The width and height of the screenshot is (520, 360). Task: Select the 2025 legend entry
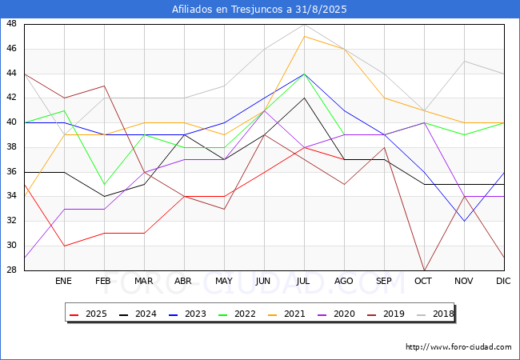pyautogui.click(x=89, y=314)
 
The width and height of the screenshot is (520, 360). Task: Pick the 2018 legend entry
pyautogui.click(x=435, y=314)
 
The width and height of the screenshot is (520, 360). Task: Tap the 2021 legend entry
pyautogui.click(x=287, y=314)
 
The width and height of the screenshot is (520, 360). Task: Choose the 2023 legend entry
pyautogui.click(x=188, y=314)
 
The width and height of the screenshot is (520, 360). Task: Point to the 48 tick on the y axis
pyautogui.click(x=11, y=24)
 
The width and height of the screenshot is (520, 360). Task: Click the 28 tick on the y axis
pyautogui.click(x=11, y=270)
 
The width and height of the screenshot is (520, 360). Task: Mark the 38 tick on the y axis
pyautogui.click(x=11, y=147)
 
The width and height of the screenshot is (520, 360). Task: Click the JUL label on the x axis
pyautogui.click(x=303, y=281)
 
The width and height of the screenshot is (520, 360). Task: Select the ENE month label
pyautogui.click(x=63, y=281)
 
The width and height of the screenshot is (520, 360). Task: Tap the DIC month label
pyautogui.click(x=503, y=281)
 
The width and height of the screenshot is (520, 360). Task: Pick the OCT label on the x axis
pyautogui.click(x=423, y=281)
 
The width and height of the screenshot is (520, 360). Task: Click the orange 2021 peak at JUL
pyautogui.click(x=305, y=37)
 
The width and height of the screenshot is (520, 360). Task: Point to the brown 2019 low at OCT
pyautogui.click(x=425, y=270)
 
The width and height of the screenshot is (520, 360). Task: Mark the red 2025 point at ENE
pyautogui.click(x=64, y=246)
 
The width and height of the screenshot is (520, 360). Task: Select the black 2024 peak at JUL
pyautogui.click(x=305, y=98)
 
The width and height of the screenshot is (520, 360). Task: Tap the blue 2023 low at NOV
pyautogui.click(x=464, y=221)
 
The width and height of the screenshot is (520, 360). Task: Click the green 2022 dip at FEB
pyautogui.click(x=105, y=184)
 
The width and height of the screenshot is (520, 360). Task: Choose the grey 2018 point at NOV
pyautogui.click(x=464, y=61)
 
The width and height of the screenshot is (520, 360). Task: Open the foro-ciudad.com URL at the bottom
pyautogui.click(x=458, y=347)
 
